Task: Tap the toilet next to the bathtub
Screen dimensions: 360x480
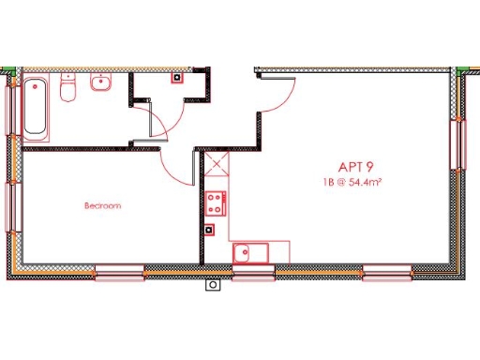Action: click(x=67, y=90)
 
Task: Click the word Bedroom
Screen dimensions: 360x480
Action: click(x=102, y=204)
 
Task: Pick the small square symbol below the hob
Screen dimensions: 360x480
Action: click(x=209, y=228)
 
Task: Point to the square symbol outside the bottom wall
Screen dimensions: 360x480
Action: click(x=213, y=283)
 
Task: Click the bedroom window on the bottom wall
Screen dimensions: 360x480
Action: click(x=120, y=274)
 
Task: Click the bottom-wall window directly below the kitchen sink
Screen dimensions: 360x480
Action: click(x=253, y=274)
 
